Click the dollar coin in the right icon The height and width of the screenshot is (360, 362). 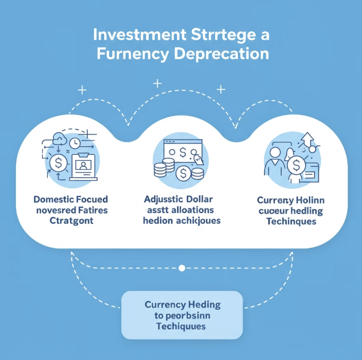(296, 166)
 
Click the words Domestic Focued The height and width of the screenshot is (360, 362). (71, 200)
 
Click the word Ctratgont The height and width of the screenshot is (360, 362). (71, 221)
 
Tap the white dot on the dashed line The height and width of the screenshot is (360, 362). (182, 267)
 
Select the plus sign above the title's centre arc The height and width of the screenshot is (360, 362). (157, 84)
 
